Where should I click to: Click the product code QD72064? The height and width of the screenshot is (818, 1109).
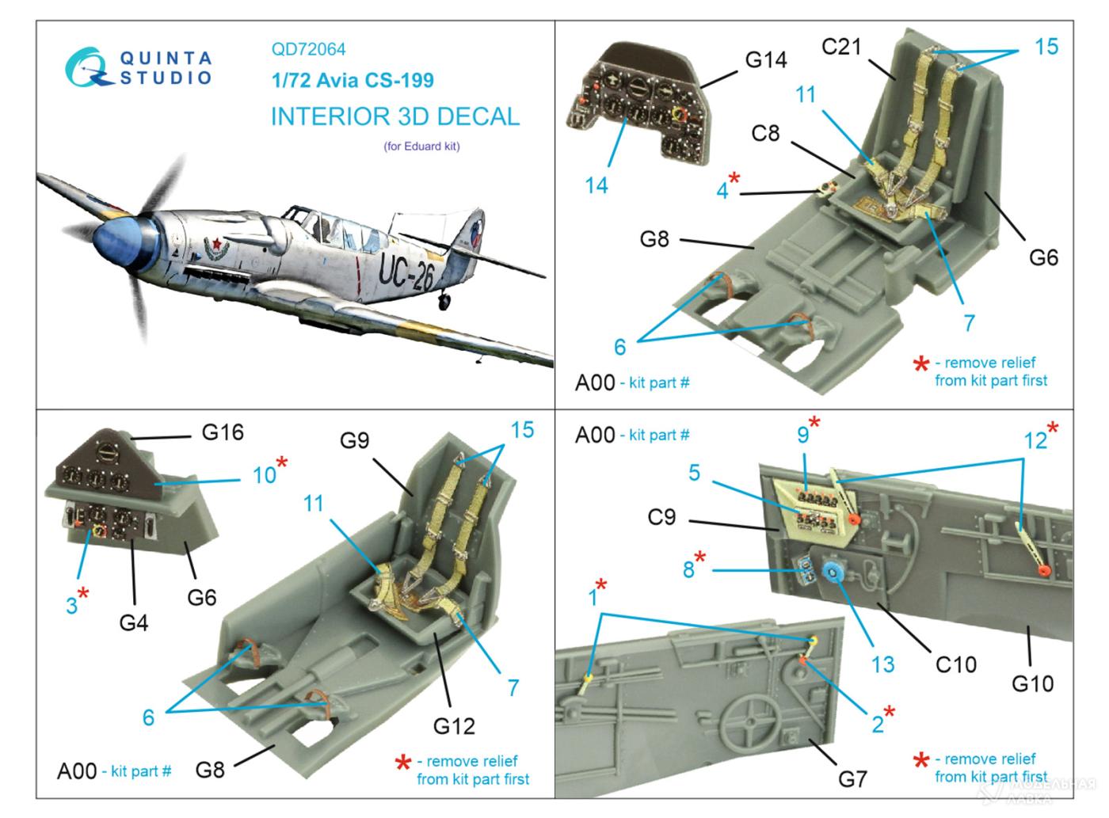(x=308, y=49)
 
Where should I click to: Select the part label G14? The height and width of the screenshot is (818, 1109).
(x=765, y=60)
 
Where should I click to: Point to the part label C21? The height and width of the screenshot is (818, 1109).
(x=840, y=47)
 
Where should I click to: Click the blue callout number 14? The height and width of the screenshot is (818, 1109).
(x=596, y=185)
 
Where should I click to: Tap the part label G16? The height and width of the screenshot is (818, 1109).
(x=223, y=432)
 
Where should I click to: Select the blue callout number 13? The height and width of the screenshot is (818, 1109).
(x=882, y=664)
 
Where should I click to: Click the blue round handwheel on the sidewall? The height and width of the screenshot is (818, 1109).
(x=833, y=571)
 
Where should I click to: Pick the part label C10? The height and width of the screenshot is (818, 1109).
(x=956, y=664)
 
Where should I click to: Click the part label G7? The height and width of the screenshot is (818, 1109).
(x=852, y=779)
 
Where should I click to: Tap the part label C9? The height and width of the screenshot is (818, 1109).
(x=661, y=517)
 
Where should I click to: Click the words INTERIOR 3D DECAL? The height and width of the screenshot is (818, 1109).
(x=395, y=116)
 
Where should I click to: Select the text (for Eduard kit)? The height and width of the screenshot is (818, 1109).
(x=422, y=146)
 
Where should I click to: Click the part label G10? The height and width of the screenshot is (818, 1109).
(x=1033, y=683)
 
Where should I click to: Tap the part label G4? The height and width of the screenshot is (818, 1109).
(x=134, y=622)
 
